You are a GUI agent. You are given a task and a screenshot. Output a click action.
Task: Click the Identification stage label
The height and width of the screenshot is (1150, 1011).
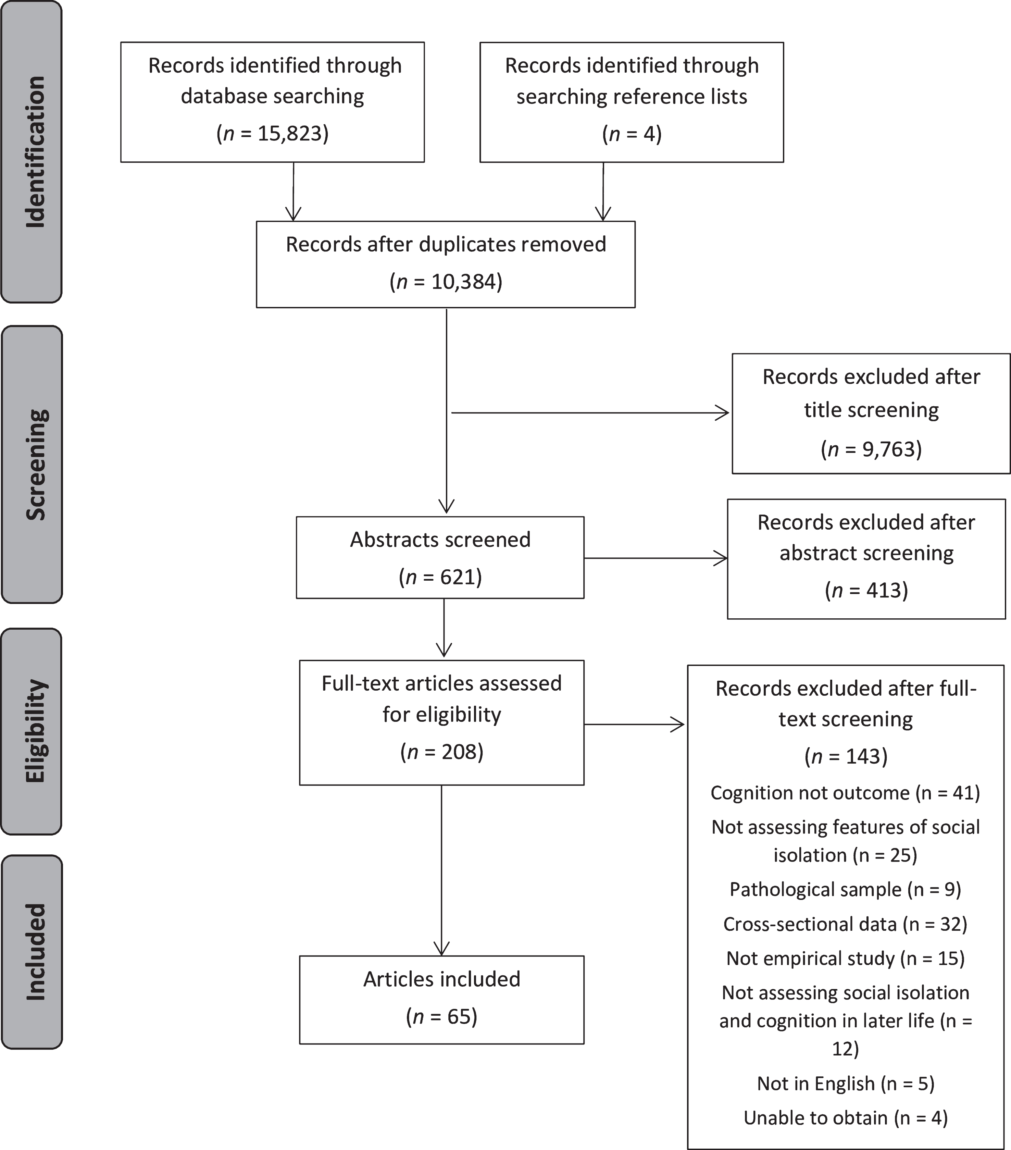click(35, 152)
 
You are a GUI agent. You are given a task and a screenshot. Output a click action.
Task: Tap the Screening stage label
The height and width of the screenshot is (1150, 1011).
click(36, 464)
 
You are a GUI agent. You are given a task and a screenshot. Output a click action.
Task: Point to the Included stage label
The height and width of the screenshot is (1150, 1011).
click(35, 952)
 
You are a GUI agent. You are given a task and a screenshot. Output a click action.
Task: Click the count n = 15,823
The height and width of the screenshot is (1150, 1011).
click(272, 133)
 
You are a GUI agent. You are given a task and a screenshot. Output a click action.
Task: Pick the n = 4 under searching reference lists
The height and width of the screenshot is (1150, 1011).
click(632, 133)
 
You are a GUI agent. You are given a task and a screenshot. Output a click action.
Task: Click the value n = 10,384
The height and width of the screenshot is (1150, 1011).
click(446, 281)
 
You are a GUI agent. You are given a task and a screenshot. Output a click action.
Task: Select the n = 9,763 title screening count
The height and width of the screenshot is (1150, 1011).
click(871, 449)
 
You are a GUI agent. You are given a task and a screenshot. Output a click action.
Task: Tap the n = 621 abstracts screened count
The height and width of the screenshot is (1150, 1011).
click(440, 577)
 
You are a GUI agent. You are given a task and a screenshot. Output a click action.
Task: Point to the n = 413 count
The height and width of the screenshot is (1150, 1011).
click(866, 590)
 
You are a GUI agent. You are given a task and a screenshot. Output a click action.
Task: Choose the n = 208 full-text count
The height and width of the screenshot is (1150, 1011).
click(442, 752)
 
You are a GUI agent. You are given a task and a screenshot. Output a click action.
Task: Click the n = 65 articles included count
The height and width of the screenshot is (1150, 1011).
click(442, 1016)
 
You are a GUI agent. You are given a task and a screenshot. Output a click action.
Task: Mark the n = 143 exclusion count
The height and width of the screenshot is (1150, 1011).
click(846, 756)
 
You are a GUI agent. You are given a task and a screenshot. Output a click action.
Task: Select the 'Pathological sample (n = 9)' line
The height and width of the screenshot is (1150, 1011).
click(845, 889)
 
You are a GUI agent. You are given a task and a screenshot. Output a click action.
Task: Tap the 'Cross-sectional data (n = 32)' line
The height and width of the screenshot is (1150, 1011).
click(845, 924)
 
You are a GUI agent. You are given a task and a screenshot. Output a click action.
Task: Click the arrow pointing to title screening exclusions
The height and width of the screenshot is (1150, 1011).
click(590, 413)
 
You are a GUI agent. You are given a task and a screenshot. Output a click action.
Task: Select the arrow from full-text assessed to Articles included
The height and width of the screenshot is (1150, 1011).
click(442, 870)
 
